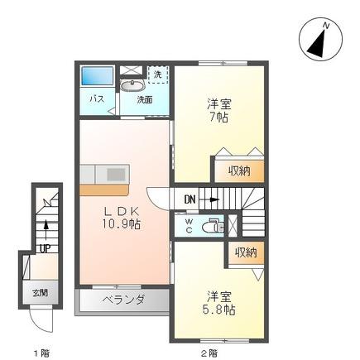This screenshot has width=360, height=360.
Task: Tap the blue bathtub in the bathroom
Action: coord(98,75)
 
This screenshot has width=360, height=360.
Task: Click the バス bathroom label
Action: coord(97,98)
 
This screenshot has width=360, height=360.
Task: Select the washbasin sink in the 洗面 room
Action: coord(133,86)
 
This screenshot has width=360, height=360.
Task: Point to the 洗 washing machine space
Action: coord(158,74)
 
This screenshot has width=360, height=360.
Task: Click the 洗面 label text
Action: coord(145,99)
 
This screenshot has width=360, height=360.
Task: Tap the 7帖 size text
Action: coord(218,118)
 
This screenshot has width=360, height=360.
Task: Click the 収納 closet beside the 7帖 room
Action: coord(239,170)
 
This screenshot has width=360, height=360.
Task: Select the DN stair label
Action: coord(190,199)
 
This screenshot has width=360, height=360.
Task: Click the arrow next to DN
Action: coord(209,199)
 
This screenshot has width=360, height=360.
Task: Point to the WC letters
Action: coord(189,226)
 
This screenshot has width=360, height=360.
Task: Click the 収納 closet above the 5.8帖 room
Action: coord(246,252)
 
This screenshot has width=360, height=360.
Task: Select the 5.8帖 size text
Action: coord(218,310)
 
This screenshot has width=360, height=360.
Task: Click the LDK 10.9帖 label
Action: coord(122,218)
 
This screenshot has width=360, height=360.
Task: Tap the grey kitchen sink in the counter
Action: coord(116,175)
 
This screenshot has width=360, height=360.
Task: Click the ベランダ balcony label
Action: coord(123,300)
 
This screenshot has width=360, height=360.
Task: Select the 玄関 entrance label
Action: coord(41,293)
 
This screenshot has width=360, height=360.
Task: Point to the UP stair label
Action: coord(45,249)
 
